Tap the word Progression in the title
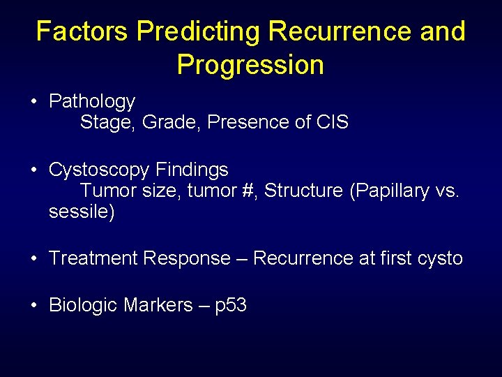tap(250, 65)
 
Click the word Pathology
tap(91, 102)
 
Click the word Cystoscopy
tap(100, 170)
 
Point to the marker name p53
tap(231, 305)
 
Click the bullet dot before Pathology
tap(33, 103)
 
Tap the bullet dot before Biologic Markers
tap(33, 306)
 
